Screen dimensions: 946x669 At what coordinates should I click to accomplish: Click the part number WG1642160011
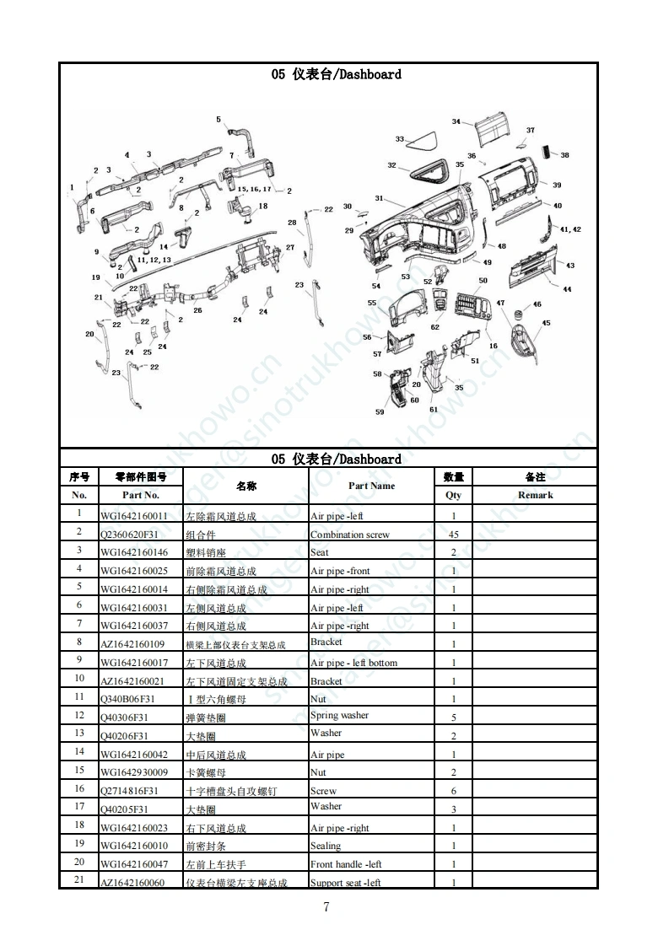coord(134,516)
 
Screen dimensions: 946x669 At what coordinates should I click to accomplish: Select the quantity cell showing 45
coord(453,535)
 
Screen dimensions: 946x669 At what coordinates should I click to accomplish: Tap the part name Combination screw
coord(350,535)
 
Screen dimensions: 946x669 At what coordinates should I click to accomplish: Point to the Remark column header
coord(535,495)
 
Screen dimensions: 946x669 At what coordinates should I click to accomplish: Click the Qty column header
coord(453,495)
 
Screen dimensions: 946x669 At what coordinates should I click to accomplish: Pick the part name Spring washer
coord(339,716)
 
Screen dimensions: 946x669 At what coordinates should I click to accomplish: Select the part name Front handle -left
coord(346,864)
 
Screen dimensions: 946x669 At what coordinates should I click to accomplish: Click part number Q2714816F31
coord(129,791)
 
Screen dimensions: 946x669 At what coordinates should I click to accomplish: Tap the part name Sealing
coord(326,846)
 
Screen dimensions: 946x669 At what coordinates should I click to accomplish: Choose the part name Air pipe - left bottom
coord(353,663)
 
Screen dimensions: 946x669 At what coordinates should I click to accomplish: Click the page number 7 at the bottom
coord(326,907)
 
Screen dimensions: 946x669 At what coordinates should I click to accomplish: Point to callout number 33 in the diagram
coord(400,139)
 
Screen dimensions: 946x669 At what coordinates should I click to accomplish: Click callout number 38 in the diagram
coord(564,155)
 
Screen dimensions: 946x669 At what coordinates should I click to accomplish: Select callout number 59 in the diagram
coord(380,412)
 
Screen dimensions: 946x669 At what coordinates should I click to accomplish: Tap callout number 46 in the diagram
coord(537,304)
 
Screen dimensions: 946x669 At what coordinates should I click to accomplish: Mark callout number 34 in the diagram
coord(456,122)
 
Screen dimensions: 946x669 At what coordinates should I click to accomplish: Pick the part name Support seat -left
coord(346,883)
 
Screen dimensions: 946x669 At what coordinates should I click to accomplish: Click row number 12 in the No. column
coord(79,715)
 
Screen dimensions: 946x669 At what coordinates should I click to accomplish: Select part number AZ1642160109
coord(132,645)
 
